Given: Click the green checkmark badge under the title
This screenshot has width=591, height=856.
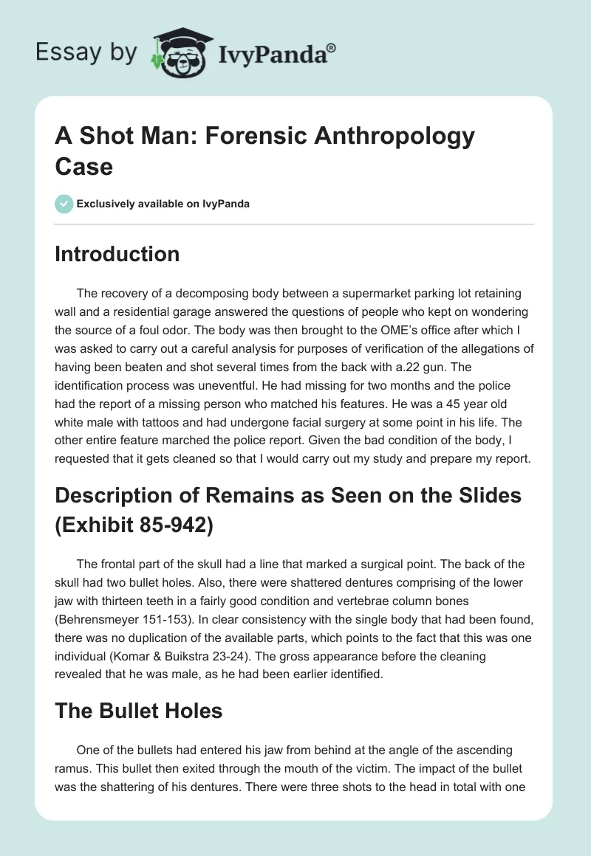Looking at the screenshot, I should pos(64,204).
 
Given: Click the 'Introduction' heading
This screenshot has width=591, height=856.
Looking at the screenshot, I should pos(117,254).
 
